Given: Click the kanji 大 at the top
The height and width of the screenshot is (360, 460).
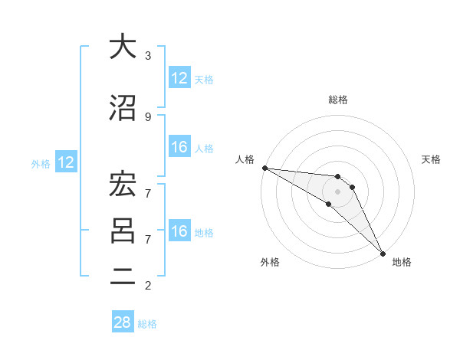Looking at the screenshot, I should [122, 47].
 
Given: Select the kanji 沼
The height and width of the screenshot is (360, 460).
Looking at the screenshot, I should [122, 109].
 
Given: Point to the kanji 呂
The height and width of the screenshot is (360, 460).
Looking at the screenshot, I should [122, 231].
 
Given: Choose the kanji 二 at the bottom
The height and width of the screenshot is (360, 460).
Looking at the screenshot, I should [122, 279].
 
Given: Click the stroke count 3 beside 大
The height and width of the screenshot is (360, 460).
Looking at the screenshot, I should [148, 56].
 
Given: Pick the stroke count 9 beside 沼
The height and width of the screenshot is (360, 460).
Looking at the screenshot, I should [148, 117].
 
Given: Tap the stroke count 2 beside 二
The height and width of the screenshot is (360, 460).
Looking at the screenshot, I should [148, 286].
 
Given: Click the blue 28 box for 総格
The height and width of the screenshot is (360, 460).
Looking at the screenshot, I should [123, 323].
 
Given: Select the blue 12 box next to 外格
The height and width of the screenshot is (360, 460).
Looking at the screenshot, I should [66, 162].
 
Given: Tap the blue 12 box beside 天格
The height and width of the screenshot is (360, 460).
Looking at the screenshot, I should [179, 78].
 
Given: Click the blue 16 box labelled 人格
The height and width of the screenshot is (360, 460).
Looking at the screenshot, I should [179, 147].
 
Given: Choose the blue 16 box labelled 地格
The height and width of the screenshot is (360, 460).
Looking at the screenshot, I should [179, 231].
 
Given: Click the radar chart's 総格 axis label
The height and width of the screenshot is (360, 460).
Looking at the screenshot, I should [337, 100].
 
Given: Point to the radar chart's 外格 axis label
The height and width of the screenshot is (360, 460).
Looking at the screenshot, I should [270, 262].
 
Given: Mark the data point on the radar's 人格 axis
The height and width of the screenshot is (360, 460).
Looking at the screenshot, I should [264, 168].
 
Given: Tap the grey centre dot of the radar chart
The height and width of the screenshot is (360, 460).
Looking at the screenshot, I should [337, 191].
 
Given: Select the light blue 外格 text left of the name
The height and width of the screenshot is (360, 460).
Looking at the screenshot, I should [41, 163].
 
